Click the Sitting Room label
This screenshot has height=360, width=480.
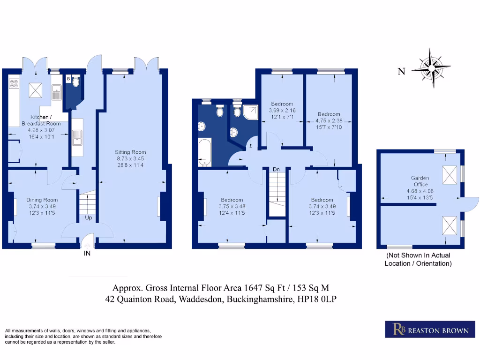click(x=130, y=152)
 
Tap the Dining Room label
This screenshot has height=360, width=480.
click(x=42, y=200)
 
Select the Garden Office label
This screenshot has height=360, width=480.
click(x=420, y=181)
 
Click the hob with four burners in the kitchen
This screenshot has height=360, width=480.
click(x=14, y=83)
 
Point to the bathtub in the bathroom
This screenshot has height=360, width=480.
click(x=204, y=152)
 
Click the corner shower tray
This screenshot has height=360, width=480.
click(x=250, y=112)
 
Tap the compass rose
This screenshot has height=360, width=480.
click(x=431, y=67)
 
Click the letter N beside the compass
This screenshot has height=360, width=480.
click(x=401, y=72)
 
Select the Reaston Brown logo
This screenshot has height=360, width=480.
click(x=430, y=330)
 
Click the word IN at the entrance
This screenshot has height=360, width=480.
click(x=87, y=254)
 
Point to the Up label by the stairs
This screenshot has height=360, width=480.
click(x=89, y=217)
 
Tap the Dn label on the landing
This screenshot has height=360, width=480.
click(x=276, y=169)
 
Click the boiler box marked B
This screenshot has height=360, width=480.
click(x=68, y=79)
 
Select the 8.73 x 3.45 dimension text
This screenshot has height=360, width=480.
click(x=130, y=158)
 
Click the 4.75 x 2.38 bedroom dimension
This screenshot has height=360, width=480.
click(x=329, y=120)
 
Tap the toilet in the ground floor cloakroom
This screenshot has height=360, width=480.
click(x=76, y=82)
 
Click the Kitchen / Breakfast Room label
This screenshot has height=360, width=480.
click(x=41, y=120)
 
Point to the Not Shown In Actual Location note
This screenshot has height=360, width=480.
click(x=418, y=259)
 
